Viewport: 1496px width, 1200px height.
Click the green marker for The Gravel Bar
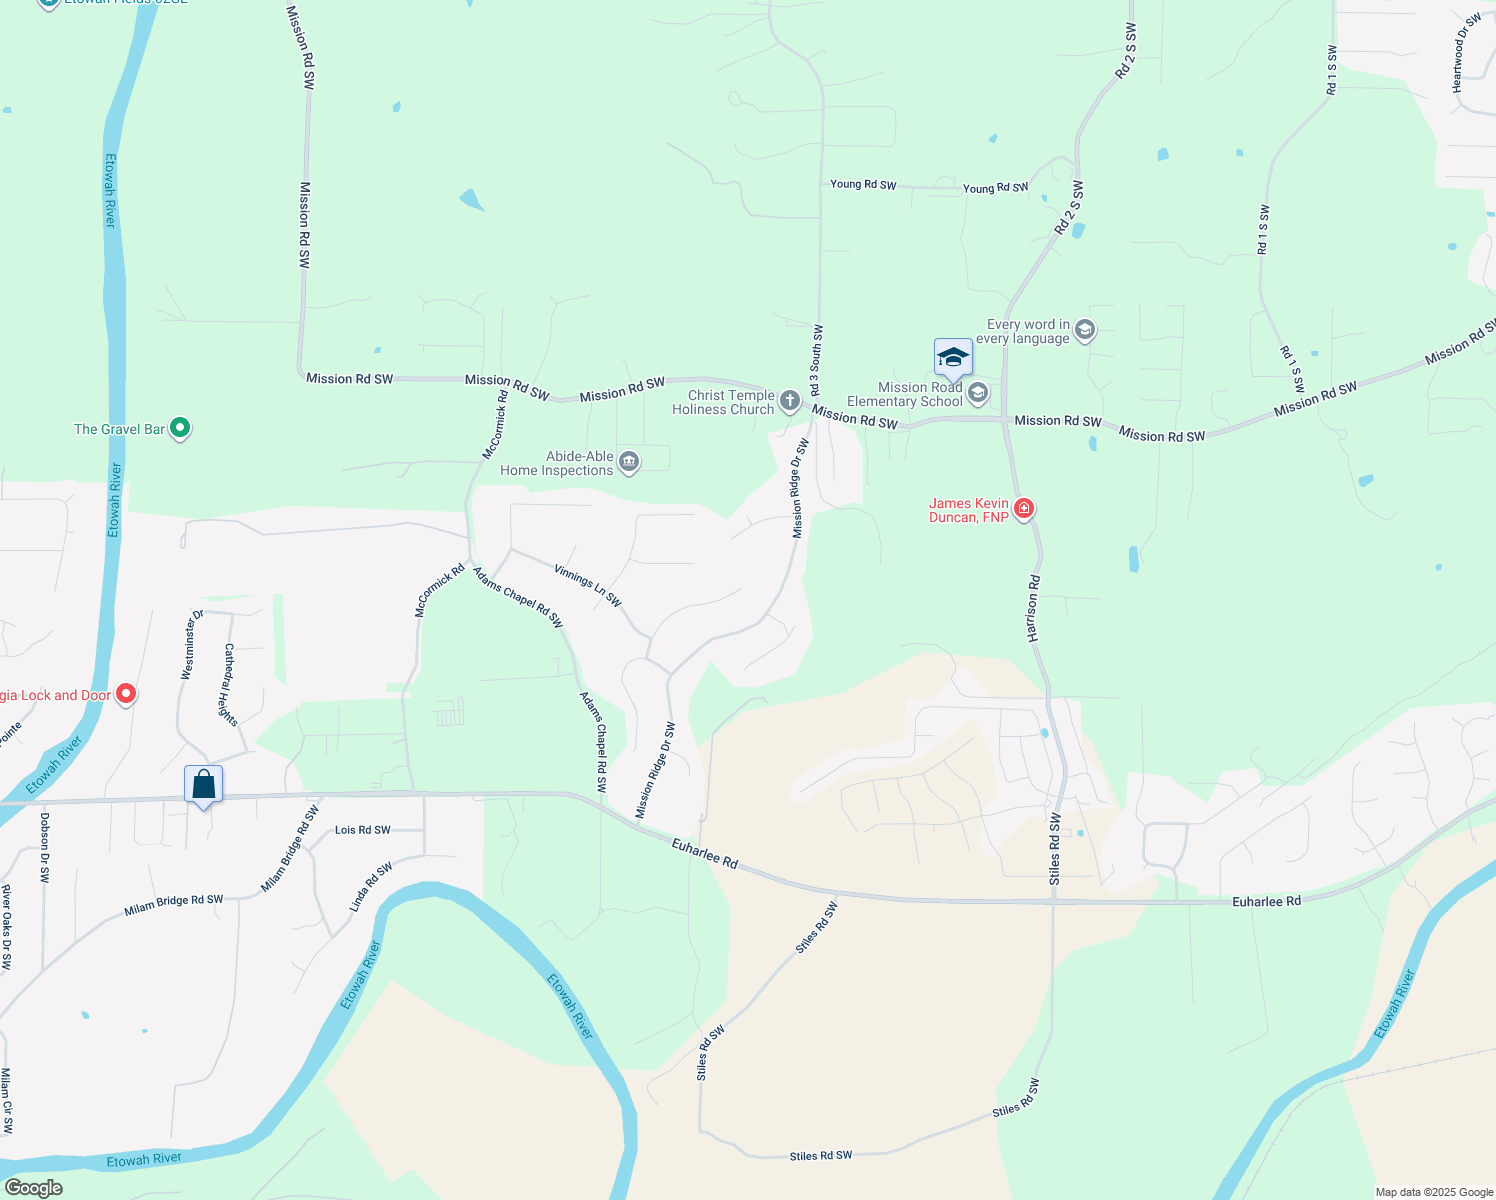pyautogui.click(x=180, y=428)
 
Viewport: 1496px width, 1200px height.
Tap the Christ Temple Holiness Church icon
pyautogui.click(x=790, y=402)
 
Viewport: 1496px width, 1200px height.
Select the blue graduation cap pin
pyautogui.click(x=953, y=358)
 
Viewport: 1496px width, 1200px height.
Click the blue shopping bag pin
pyautogui.click(x=203, y=785)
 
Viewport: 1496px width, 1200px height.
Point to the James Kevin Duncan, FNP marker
pyautogui.click(x=1023, y=509)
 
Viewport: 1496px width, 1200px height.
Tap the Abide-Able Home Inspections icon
pyautogui.click(x=629, y=462)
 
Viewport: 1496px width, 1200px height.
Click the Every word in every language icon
pyautogui.click(x=1085, y=330)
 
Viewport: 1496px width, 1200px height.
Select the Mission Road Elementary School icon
pyautogui.click(x=978, y=393)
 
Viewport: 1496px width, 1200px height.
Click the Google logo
pyautogui.click(x=33, y=1188)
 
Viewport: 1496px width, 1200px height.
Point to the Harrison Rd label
pyautogui.click(x=1033, y=608)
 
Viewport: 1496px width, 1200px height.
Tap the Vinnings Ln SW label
pyautogui.click(x=588, y=586)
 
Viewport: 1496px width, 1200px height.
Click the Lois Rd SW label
pyautogui.click(x=363, y=830)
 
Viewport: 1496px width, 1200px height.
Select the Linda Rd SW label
pyautogui.click(x=371, y=887)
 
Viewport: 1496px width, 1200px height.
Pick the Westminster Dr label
pyautogui.click(x=191, y=644)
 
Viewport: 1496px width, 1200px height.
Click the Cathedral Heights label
pyautogui.click(x=230, y=685)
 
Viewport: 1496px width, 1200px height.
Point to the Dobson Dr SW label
pyautogui.click(x=44, y=847)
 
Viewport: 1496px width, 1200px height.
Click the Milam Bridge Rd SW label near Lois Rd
pyautogui.click(x=289, y=849)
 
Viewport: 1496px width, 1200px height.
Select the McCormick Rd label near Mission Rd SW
pyautogui.click(x=496, y=424)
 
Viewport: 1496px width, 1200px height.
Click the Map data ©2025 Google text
pyautogui.click(x=1434, y=1192)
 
